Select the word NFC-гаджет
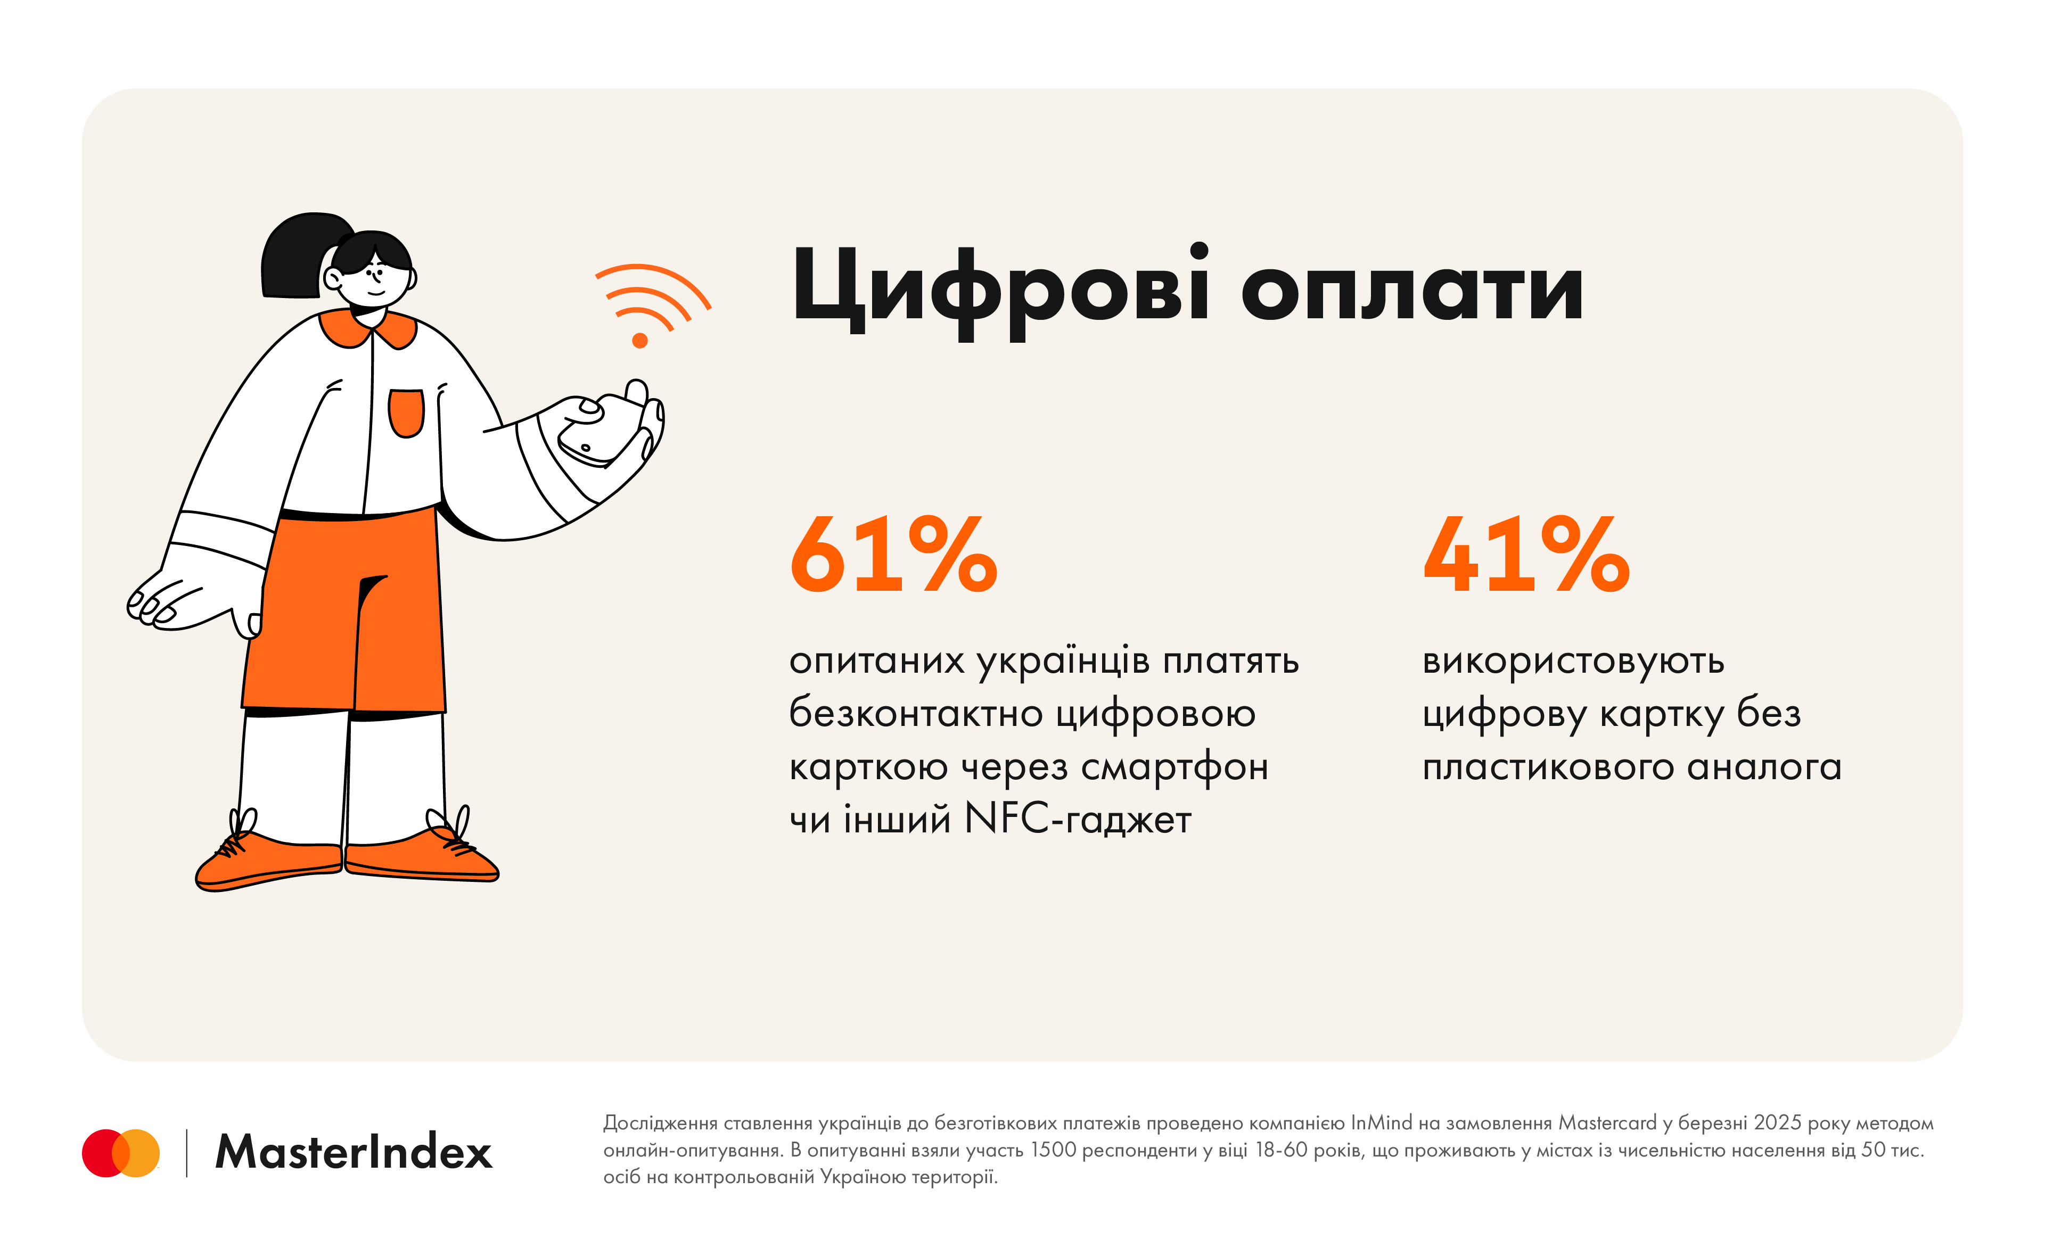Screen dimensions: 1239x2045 point(1077,820)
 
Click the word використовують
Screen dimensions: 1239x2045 point(1573,662)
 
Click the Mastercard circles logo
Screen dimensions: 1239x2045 point(120,1153)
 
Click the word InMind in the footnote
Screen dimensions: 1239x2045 point(1381,1123)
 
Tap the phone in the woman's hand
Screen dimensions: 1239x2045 point(597,432)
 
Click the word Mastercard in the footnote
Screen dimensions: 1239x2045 point(1607,1123)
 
